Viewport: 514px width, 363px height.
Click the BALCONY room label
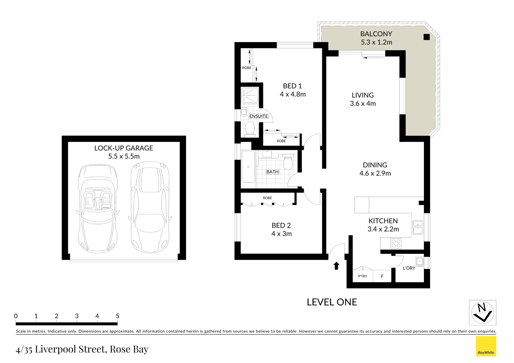[x=376, y=34]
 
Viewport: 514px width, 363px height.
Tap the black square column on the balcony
[x=427, y=37]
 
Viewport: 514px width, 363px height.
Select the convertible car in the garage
[x=98, y=208]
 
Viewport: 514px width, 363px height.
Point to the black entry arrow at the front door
[x=336, y=266]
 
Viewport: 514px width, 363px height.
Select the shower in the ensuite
[x=250, y=95]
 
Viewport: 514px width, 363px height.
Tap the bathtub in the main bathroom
[x=248, y=167]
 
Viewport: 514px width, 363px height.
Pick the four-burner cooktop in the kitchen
[x=396, y=243]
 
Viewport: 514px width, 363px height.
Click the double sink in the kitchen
[x=417, y=227]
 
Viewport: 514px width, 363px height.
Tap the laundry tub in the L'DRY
[x=419, y=261]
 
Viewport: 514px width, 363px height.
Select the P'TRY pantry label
[x=363, y=276]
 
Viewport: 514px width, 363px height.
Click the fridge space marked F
[x=382, y=276]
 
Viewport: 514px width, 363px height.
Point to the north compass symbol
[x=482, y=313]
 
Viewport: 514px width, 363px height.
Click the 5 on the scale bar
[x=118, y=316]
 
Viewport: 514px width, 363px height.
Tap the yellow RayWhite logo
[x=486, y=346]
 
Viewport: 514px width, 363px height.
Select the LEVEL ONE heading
[x=332, y=302]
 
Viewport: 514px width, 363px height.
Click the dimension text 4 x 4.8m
[x=293, y=94]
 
